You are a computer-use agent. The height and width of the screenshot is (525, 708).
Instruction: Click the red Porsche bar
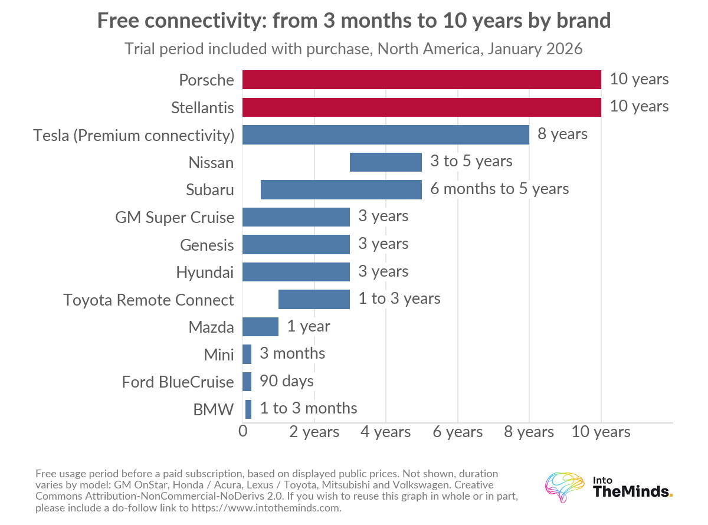point(421,80)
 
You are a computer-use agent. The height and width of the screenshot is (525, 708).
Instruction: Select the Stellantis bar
point(421,107)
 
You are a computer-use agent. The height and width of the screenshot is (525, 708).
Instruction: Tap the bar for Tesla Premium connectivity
point(386,134)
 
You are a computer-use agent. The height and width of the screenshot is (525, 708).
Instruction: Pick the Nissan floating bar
point(386,162)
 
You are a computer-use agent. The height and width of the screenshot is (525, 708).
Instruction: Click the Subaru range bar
point(341,189)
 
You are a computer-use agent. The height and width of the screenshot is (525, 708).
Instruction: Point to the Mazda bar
point(260,326)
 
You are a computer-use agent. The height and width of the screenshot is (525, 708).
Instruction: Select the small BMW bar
point(248,409)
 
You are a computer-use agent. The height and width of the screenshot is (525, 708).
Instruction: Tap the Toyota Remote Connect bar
point(314,299)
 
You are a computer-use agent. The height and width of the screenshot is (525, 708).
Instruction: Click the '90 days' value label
point(286,381)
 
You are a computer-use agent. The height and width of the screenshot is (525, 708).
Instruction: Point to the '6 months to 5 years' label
point(499,189)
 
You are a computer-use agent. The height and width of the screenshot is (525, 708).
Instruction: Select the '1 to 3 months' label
point(309,408)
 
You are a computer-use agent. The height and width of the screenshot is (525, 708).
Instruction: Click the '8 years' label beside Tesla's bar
point(562,134)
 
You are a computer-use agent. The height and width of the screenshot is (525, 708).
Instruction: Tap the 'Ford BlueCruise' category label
point(178,382)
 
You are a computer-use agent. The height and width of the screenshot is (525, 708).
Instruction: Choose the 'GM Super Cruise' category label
point(175,218)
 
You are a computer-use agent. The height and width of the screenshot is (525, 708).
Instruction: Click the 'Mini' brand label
point(219,355)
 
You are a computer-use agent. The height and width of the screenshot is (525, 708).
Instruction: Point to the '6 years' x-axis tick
point(457,432)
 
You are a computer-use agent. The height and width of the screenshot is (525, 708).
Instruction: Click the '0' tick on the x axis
point(243,431)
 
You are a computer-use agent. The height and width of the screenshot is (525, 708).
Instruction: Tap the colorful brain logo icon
point(565,487)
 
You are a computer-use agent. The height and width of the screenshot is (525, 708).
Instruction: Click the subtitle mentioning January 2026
point(353,49)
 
